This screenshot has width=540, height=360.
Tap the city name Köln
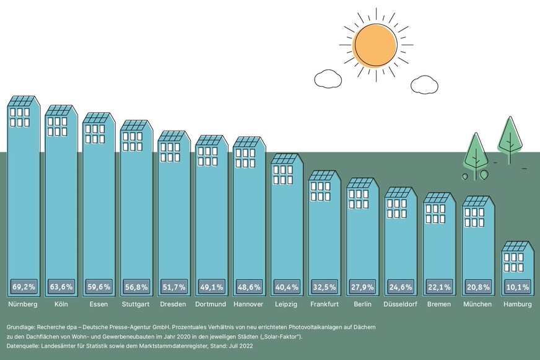[61, 305]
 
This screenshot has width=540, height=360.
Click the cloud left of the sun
[328, 79]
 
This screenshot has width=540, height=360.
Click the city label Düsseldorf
[401, 305]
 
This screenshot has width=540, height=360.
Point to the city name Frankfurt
[325, 305]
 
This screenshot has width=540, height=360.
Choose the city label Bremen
[439, 305]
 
